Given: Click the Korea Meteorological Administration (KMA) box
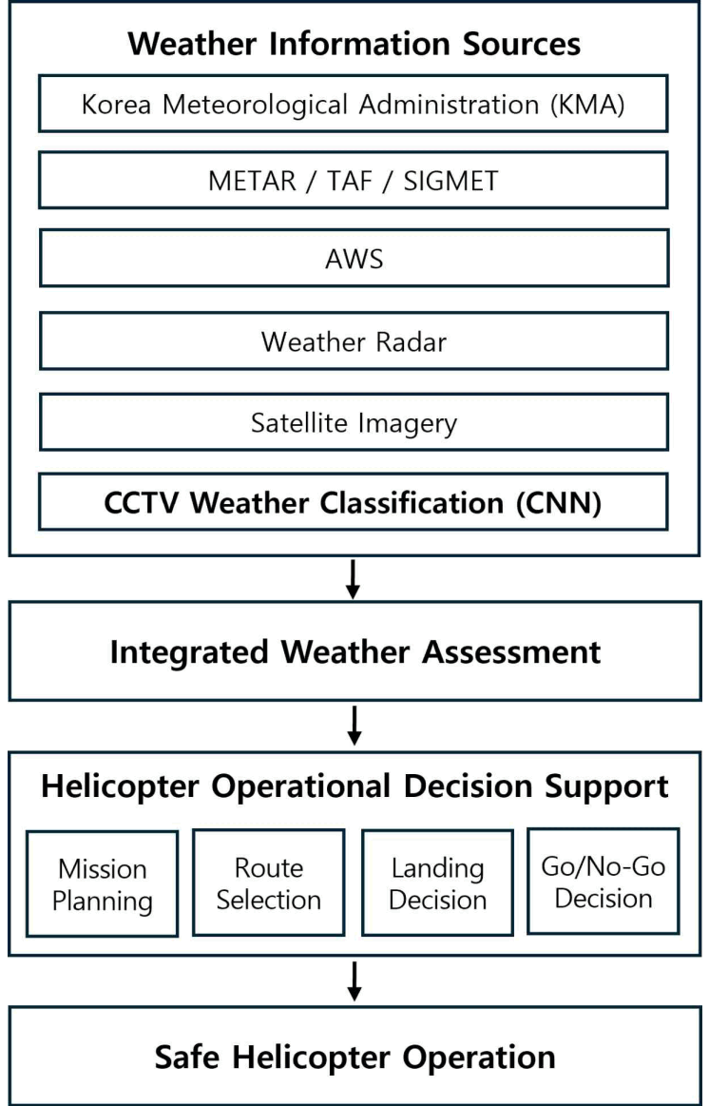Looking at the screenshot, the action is (x=354, y=105).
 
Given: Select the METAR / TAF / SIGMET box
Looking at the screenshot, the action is (x=354, y=181).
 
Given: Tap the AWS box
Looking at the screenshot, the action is (x=354, y=258).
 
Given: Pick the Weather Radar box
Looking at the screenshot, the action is (x=354, y=341).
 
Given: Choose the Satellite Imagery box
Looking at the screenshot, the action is (x=354, y=422).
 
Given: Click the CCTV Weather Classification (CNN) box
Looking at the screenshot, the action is (x=354, y=501).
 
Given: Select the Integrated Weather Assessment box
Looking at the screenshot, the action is (x=355, y=651).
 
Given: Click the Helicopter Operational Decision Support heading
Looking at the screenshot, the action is (x=354, y=786).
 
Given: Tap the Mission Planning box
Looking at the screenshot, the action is (x=103, y=883).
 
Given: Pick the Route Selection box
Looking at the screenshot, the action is (x=269, y=883).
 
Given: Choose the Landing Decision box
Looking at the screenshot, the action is (x=438, y=883).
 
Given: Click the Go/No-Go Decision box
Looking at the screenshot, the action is (x=604, y=881).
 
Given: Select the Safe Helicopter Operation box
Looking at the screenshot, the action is (x=355, y=1056).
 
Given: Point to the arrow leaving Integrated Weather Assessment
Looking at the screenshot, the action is (x=354, y=725).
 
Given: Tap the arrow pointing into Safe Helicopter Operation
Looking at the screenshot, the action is (x=354, y=981).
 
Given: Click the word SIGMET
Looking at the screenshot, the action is (x=450, y=182).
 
